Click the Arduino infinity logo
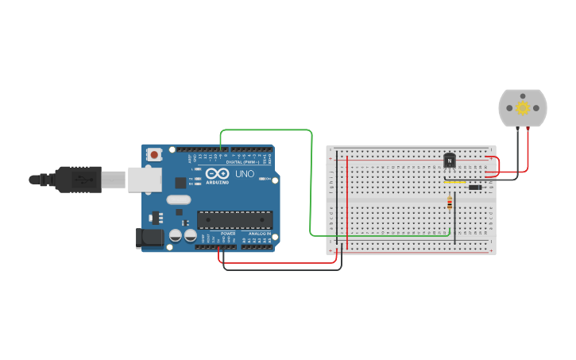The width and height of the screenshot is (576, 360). (217, 173)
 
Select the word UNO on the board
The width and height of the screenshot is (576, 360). (244, 173)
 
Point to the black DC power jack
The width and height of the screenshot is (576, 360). (149, 237)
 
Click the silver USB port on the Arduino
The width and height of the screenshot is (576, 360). (144, 180)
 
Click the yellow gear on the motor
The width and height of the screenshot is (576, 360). (522, 108)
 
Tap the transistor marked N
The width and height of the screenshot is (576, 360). (450, 161)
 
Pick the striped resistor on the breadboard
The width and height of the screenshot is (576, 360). (450, 203)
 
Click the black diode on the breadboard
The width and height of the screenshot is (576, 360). (475, 188)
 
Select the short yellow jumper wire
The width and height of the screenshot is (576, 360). (454, 181)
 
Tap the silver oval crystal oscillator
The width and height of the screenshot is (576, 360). (180, 200)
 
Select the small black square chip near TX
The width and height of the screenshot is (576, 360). (180, 183)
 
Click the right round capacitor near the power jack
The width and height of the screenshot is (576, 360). (191, 235)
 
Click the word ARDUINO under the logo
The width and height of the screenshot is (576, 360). (217, 181)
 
